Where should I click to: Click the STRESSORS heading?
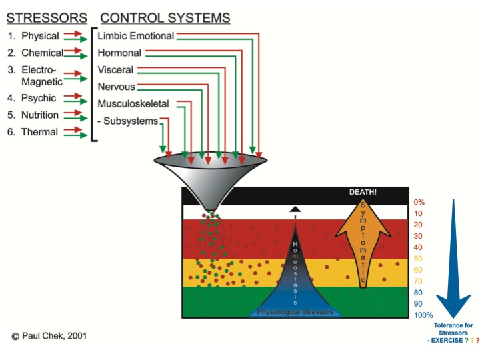(47, 18)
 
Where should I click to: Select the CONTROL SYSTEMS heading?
(165, 18)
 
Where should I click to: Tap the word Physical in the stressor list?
(40, 36)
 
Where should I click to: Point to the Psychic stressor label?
(39, 98)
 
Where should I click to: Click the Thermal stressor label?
(39, 132)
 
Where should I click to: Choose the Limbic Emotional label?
(135, 36)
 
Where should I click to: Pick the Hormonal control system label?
(119, 53)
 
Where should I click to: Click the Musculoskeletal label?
(133, 104)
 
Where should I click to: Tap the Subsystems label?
(131, 121)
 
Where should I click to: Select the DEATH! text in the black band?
(363, 192)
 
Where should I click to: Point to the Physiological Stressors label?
(295, 312)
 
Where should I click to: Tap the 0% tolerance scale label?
(419, 203)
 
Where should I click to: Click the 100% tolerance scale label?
(423, 315)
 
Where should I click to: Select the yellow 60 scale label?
(418, 270)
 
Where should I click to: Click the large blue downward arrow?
(453, 259)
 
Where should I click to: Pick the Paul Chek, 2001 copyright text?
(49, 336)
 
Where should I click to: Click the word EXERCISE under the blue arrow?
(447, 341)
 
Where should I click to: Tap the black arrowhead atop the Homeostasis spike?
(295, 209)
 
